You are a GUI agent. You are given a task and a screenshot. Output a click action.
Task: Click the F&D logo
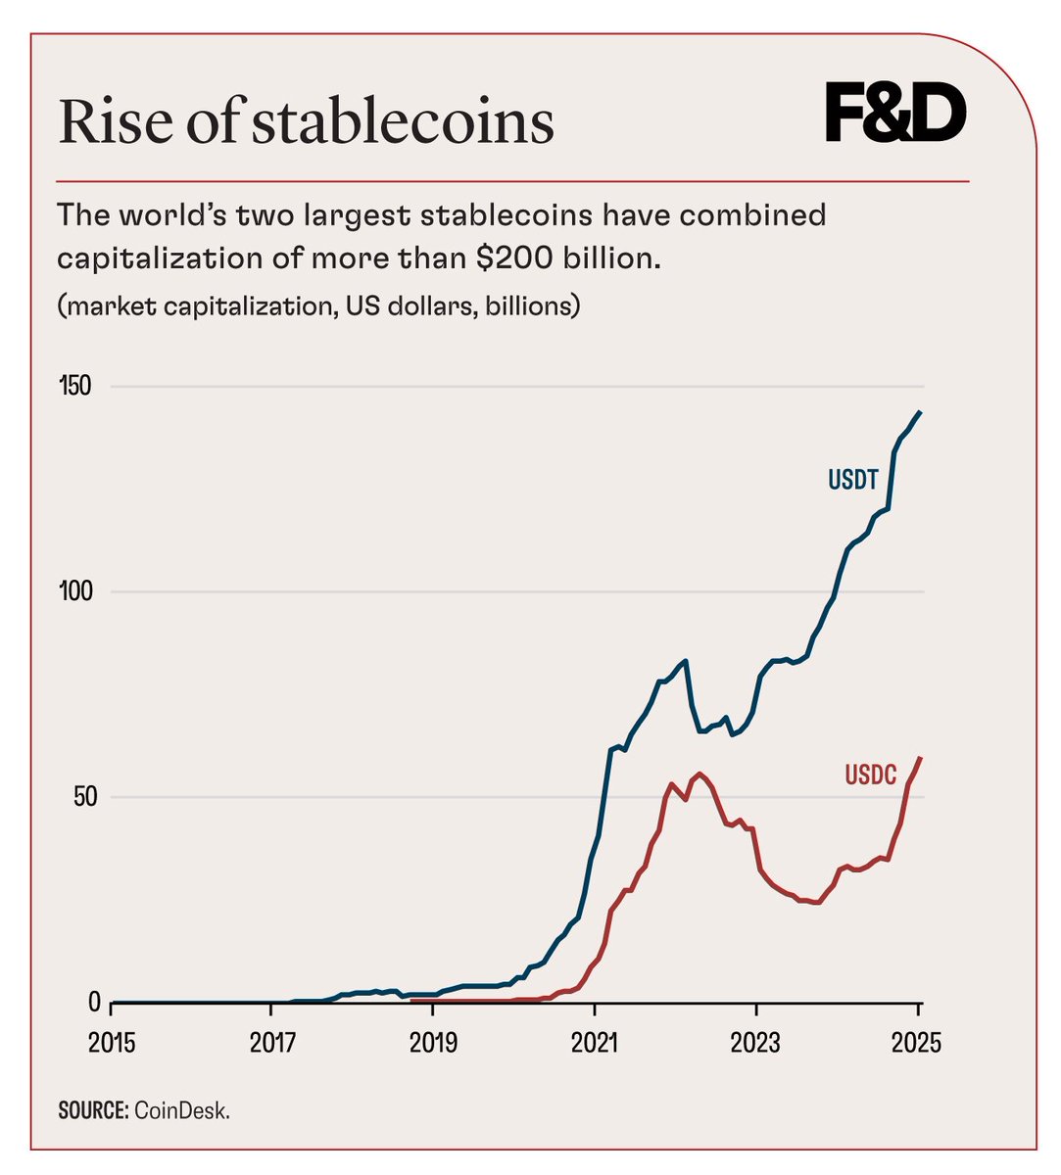(x=895, y=115)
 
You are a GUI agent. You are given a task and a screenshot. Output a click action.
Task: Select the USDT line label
(x=852, y=480)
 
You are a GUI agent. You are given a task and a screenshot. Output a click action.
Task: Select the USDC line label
(x=870, y=775)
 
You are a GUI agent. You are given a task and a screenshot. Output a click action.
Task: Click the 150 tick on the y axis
(x=74, y=386)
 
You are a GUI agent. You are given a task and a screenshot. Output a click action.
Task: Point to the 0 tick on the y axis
(x=94, y=1002)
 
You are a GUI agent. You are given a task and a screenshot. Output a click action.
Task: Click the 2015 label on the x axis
(x=112, y=1043)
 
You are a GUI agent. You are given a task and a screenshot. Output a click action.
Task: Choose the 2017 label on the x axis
(x=273, y=1043)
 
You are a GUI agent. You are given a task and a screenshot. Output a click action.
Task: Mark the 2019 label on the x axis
(x=434, y=1043)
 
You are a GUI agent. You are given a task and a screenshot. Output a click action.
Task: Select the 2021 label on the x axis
(x=595, y=1043)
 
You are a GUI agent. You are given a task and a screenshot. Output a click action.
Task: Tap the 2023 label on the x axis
(x=756, y=1043)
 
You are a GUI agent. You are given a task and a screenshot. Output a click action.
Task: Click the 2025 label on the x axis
(x=917, y=1043)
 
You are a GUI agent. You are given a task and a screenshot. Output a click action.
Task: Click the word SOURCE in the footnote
(x=90, y=1111)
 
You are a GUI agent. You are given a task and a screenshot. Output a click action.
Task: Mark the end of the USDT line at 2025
(x=920, y=412)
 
